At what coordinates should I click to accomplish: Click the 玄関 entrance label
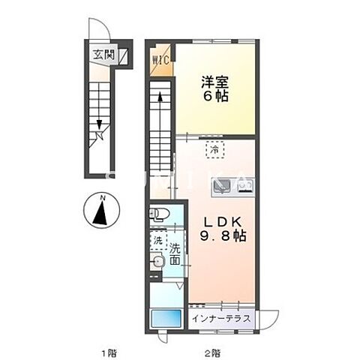(x=102, y=55)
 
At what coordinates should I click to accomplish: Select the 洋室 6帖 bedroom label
(x=213, y=89)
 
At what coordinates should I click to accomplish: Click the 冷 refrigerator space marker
(x=215, y=149)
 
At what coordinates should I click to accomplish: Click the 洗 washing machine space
(x=158, y=241)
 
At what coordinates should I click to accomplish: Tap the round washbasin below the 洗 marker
(x=157, y=262)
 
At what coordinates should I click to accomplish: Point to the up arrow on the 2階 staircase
(x=159, y=97)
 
